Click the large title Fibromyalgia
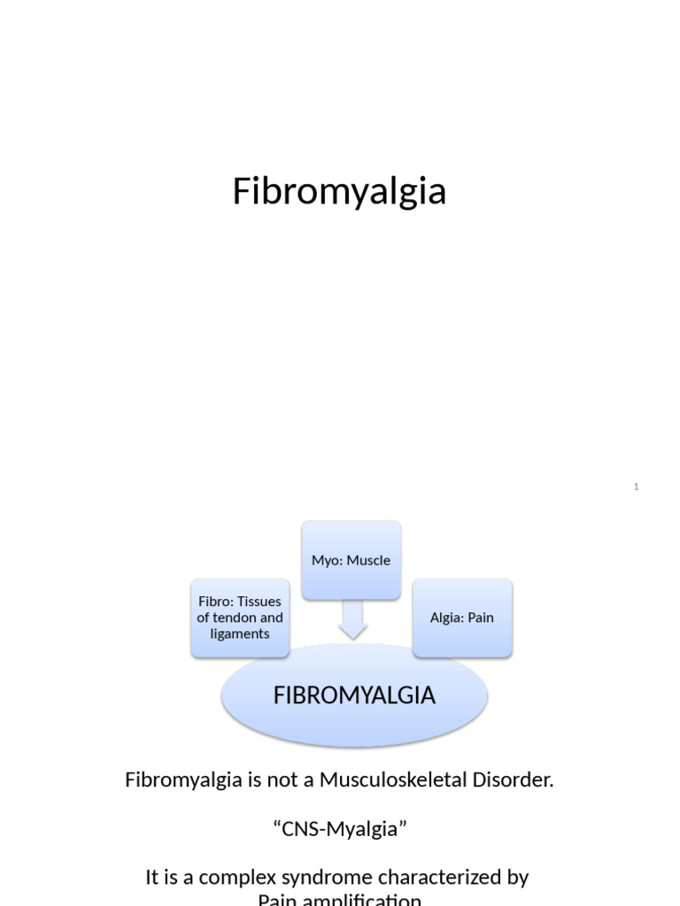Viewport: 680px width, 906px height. click(339, 191)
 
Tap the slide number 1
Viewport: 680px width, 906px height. click(636, 487)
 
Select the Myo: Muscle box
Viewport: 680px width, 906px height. click(351, 560)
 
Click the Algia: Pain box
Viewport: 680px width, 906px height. click(462, 618)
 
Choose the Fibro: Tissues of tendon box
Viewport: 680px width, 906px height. click(240, 618)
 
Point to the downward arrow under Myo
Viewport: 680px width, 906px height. click(352, 619)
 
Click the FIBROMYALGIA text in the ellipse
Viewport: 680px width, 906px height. click(354, 695)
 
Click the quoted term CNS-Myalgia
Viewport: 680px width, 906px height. click(339, 829)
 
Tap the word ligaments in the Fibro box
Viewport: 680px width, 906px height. click(240, 633)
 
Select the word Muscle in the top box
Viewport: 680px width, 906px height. click(368, 560)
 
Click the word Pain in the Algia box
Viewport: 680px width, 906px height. click(480, 618)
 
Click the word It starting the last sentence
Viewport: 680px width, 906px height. click(152, 878)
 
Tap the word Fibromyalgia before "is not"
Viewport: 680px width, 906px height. click(182, 780)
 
